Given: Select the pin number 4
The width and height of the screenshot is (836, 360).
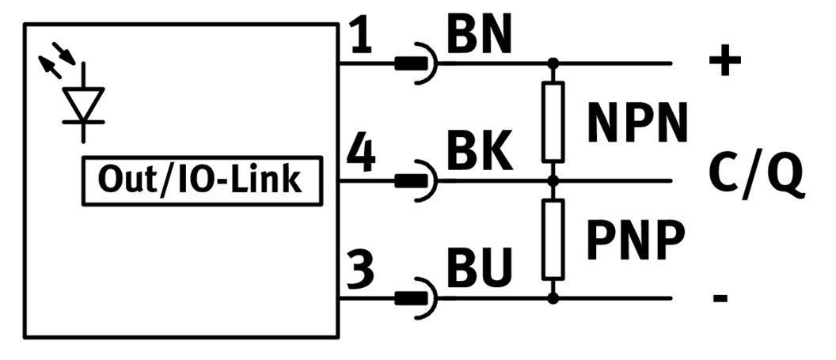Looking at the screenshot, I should pyautogui.click(x=361, y=155).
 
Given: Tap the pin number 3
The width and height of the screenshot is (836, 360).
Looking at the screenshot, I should pyautogui.click(x=361, y=271).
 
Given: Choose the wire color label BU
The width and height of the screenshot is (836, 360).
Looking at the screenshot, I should pyautogui.click(x=479, y=269).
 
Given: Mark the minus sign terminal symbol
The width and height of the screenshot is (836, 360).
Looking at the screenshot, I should pyautogui.click(x=720, y=299).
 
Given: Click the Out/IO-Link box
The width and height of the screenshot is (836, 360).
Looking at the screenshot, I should pyautogui.click(x=199, y=180).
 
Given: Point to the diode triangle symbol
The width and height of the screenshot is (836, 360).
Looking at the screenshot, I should pyautogui.click(x=84, y=104).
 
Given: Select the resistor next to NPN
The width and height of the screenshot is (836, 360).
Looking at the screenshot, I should pyautogui.click(x=553, y=121).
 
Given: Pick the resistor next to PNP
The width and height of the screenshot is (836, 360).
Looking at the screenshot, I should pyautogui.click(x=553, y=239).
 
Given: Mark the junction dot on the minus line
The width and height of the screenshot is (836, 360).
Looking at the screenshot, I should pyautogui.click(x=553, y=298).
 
